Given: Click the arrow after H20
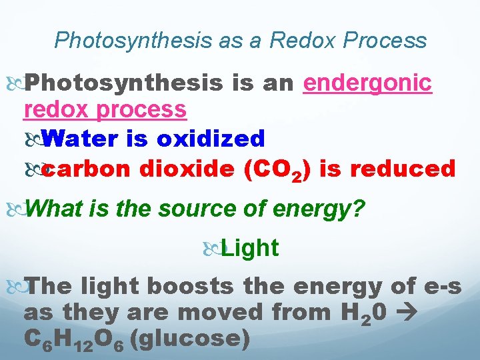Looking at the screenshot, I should [x=405, y=312].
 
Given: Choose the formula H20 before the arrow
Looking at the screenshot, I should [x=360, y=313].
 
